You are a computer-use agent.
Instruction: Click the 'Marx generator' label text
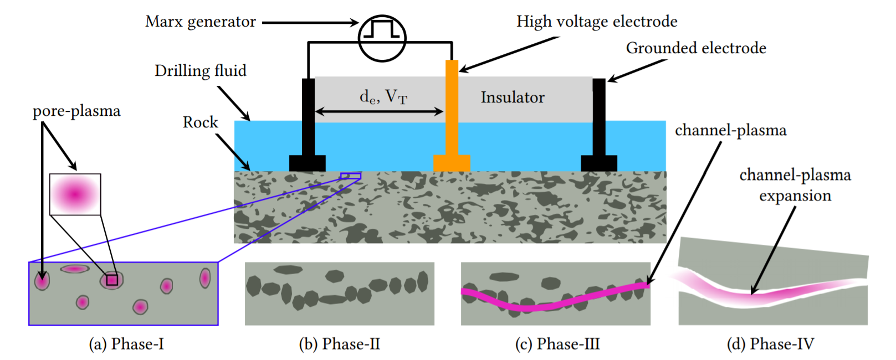click(201, 22)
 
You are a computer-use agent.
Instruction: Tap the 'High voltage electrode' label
click(597, 22)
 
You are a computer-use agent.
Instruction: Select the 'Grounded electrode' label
click(696, 48)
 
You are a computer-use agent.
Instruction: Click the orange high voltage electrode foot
click(452, 163)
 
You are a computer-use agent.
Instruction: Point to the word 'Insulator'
click(513, 97)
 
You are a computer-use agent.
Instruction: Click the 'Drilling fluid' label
click(201, 71)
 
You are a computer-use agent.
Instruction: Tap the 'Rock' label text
click(201, 122)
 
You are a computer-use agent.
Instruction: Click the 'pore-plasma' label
click(76, 111)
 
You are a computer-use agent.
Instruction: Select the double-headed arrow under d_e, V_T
click(379, 112)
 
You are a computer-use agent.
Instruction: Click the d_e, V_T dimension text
click(383, 97)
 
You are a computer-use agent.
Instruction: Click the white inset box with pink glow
click(75, 194)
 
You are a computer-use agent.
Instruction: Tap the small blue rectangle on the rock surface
click(351, 176)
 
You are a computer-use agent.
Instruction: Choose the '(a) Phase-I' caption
click(126, 344)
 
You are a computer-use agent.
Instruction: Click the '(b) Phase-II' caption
click(339, 344)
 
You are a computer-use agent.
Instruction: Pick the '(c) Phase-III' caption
click(557, 344)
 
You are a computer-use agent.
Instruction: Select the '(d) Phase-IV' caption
click(770, 344)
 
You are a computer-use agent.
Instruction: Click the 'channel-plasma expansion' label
click(795, 185)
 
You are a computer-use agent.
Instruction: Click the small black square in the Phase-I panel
click(112, 280)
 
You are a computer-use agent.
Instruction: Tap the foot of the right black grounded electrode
click(599, 163)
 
